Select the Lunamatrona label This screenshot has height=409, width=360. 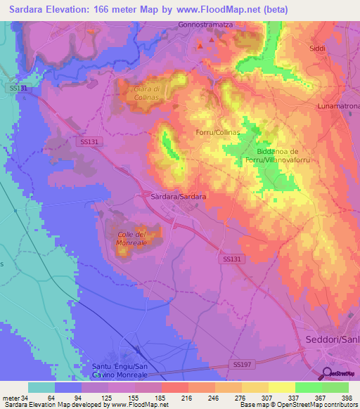pos(338,105)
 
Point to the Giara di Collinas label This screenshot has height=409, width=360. pos(151,93)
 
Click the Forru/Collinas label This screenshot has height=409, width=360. pos(217,132)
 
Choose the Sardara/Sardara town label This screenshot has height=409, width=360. pos(179,197)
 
